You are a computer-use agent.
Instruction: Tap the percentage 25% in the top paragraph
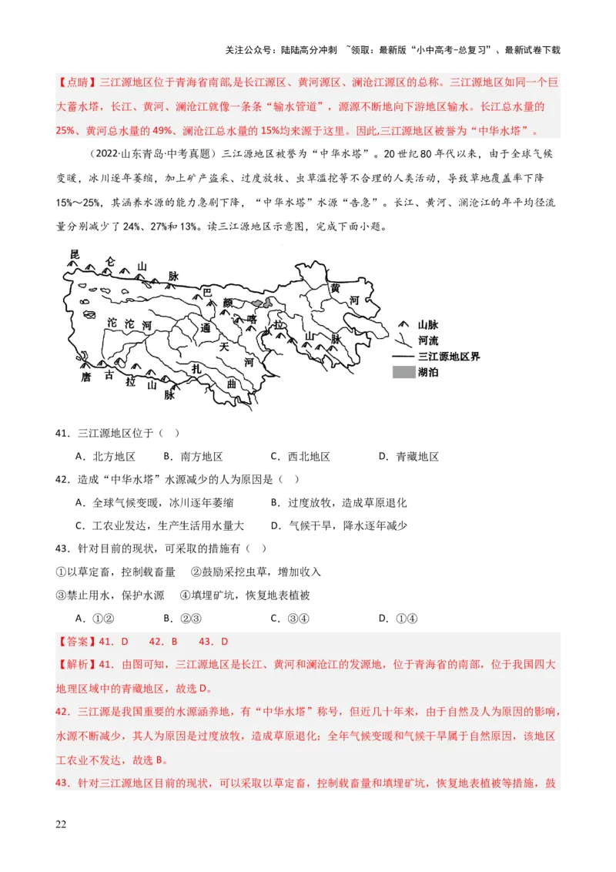point(64,131)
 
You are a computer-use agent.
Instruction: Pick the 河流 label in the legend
point(428,340)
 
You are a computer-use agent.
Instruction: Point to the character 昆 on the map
point(75,254)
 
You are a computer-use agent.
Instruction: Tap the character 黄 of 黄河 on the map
point(335,287)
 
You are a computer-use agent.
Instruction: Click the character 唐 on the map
point(86,377)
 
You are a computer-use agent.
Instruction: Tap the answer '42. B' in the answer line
point(163,641)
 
